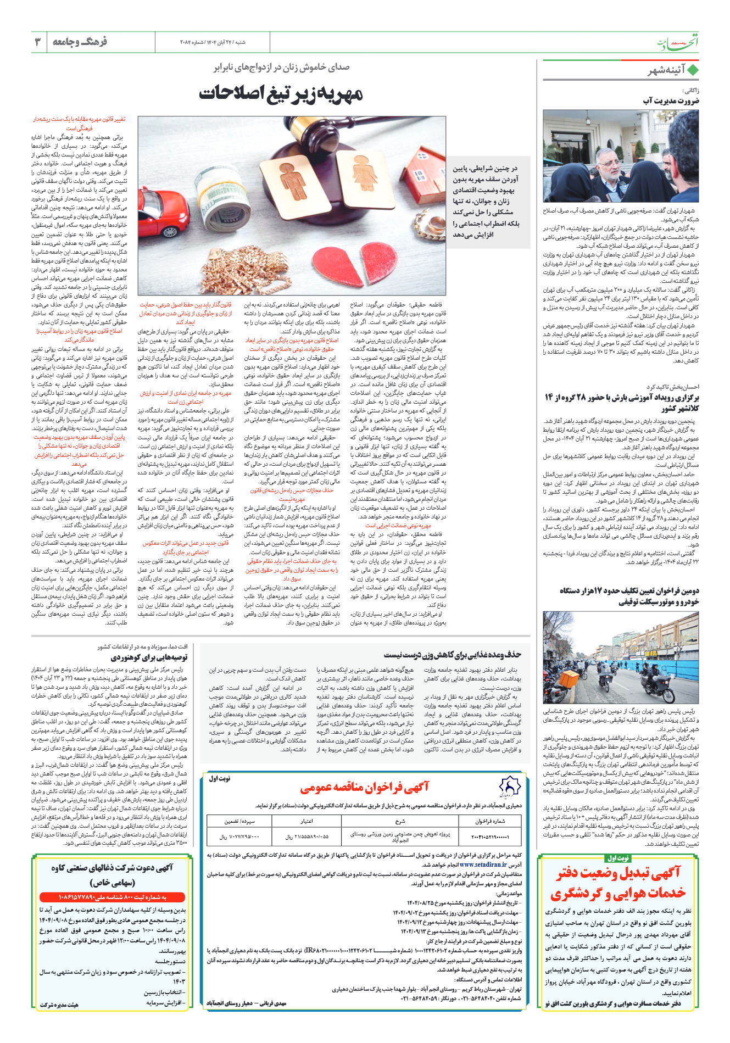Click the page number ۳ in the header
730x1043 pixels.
(38, 42)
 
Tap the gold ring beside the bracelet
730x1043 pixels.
(437, 222)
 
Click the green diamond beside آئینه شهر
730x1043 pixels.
(692, 70)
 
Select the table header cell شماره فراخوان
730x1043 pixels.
(491, 821)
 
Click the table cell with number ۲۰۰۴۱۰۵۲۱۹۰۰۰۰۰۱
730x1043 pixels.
(491, 837)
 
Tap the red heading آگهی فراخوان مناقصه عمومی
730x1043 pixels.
(365, 788)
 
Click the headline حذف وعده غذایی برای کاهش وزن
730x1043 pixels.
(452, 654)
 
